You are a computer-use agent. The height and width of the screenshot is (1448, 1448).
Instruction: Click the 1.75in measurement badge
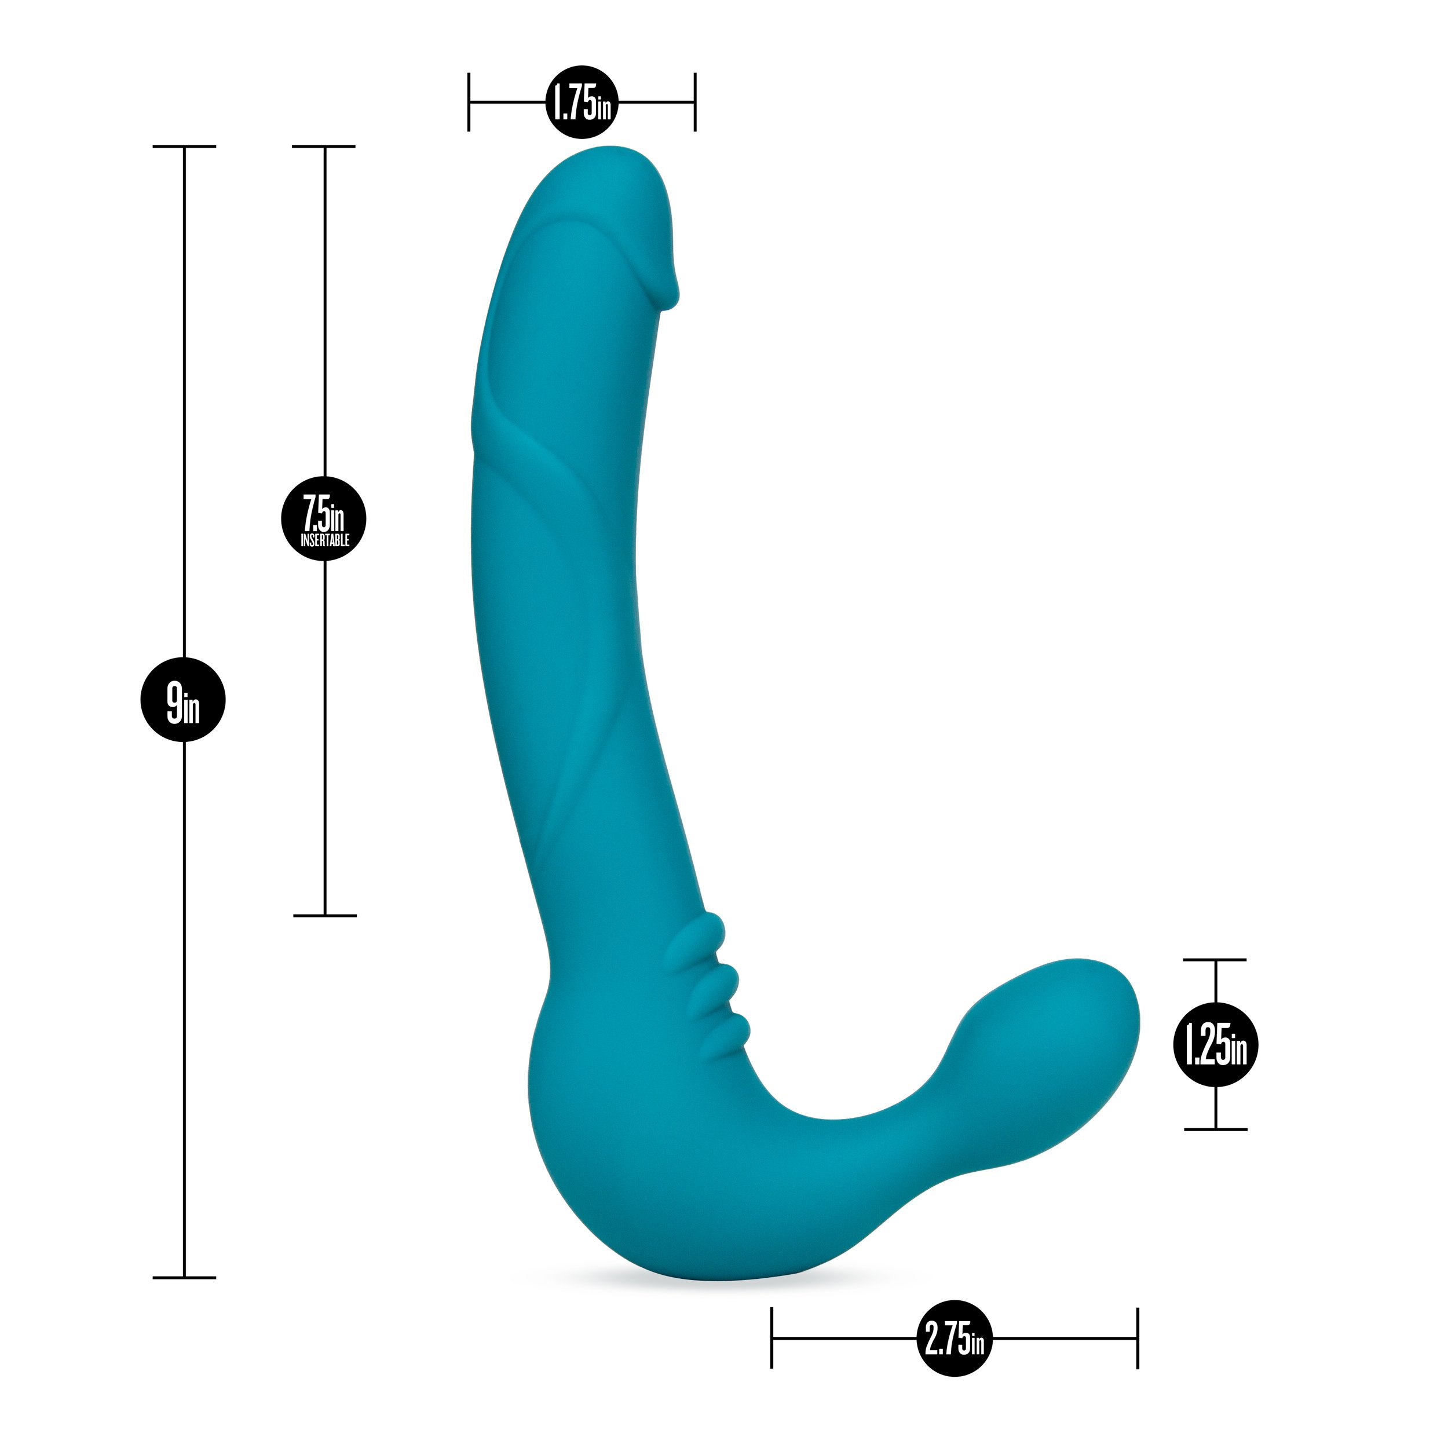pos(582,102)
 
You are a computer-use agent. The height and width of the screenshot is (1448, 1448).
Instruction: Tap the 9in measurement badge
pos(183,699)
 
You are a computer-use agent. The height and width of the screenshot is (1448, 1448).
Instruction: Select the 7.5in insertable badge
pos(324,518)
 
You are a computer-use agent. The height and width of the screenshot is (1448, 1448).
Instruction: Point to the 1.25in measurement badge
pos(1215,1045)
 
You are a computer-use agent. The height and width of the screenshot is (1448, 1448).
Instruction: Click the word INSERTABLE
pos(324,540)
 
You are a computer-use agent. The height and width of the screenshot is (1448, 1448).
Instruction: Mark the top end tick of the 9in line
pos(184,146)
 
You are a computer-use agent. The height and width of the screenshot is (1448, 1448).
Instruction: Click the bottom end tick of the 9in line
pos(184,1277)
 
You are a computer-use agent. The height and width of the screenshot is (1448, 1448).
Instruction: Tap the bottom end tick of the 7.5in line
pos(324,915)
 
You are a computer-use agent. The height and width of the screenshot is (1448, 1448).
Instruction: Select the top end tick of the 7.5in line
pos(324,146)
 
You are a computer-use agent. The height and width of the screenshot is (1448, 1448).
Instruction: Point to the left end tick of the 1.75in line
pos(469,102)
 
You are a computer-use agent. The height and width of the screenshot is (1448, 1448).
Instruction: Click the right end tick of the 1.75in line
pos(695,102)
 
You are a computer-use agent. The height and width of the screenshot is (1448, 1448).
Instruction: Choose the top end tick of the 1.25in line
pos(1215,959)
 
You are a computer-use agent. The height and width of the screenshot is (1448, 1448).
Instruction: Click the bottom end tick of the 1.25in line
pos(1215,1129)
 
